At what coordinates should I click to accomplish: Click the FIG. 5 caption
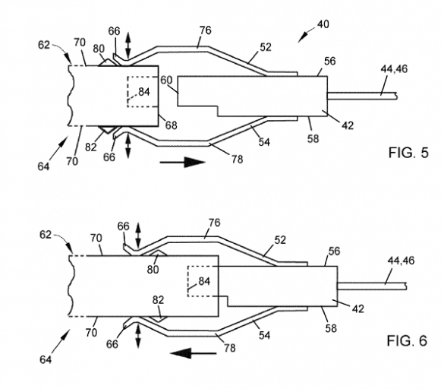(408, 153)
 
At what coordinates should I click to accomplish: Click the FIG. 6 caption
(407, 340)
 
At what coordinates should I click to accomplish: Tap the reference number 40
(323, 24)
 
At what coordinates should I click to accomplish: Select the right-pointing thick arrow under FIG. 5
(183, 162)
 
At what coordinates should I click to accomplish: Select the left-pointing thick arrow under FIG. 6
(193, 353)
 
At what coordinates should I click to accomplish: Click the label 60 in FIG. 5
(166, 81)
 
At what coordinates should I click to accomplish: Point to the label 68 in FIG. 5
(172, 125)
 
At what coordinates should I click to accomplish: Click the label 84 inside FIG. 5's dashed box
(144, 92)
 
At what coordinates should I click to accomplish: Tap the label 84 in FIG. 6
(204, 281)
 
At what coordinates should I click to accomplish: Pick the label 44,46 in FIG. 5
(394, 68)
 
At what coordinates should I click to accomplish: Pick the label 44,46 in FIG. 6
(401, 261)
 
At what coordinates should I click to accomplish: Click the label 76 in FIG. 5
(205, 30)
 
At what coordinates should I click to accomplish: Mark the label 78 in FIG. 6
(230, 348)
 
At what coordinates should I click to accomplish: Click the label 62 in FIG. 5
(44, 45)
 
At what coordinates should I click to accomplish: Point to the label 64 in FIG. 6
(46, 359)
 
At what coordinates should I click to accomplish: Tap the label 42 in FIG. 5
(348, 125)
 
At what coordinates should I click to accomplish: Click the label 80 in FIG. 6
(153, 270)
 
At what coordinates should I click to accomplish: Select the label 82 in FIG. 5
(91, 147)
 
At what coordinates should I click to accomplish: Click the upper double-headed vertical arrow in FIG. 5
(128, 45)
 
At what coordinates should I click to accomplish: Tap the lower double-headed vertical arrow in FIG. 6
(138, 337)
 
